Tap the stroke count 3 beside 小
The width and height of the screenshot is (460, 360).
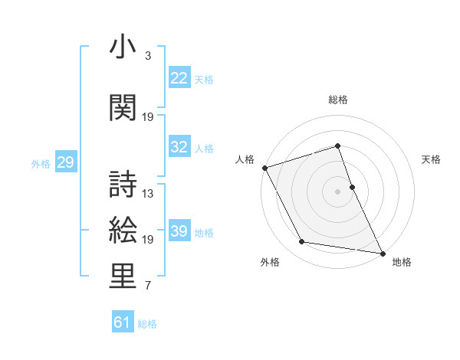148,56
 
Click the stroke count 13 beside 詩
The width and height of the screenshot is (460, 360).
148,194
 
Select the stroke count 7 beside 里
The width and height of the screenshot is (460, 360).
148,286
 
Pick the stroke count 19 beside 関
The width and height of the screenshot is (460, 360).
148,116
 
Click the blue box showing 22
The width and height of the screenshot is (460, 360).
179,77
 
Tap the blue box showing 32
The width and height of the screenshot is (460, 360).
179,147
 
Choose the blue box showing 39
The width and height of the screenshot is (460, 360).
179,231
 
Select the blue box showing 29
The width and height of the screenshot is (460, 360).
65,162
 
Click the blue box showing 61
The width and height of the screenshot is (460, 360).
123,322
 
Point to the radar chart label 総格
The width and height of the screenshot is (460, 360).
337,100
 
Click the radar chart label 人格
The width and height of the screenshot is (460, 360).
245,159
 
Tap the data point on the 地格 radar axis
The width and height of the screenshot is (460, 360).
381,253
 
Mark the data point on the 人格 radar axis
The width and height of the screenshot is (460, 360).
264,168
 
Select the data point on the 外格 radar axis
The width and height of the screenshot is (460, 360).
301,243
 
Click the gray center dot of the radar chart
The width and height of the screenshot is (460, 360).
337,191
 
